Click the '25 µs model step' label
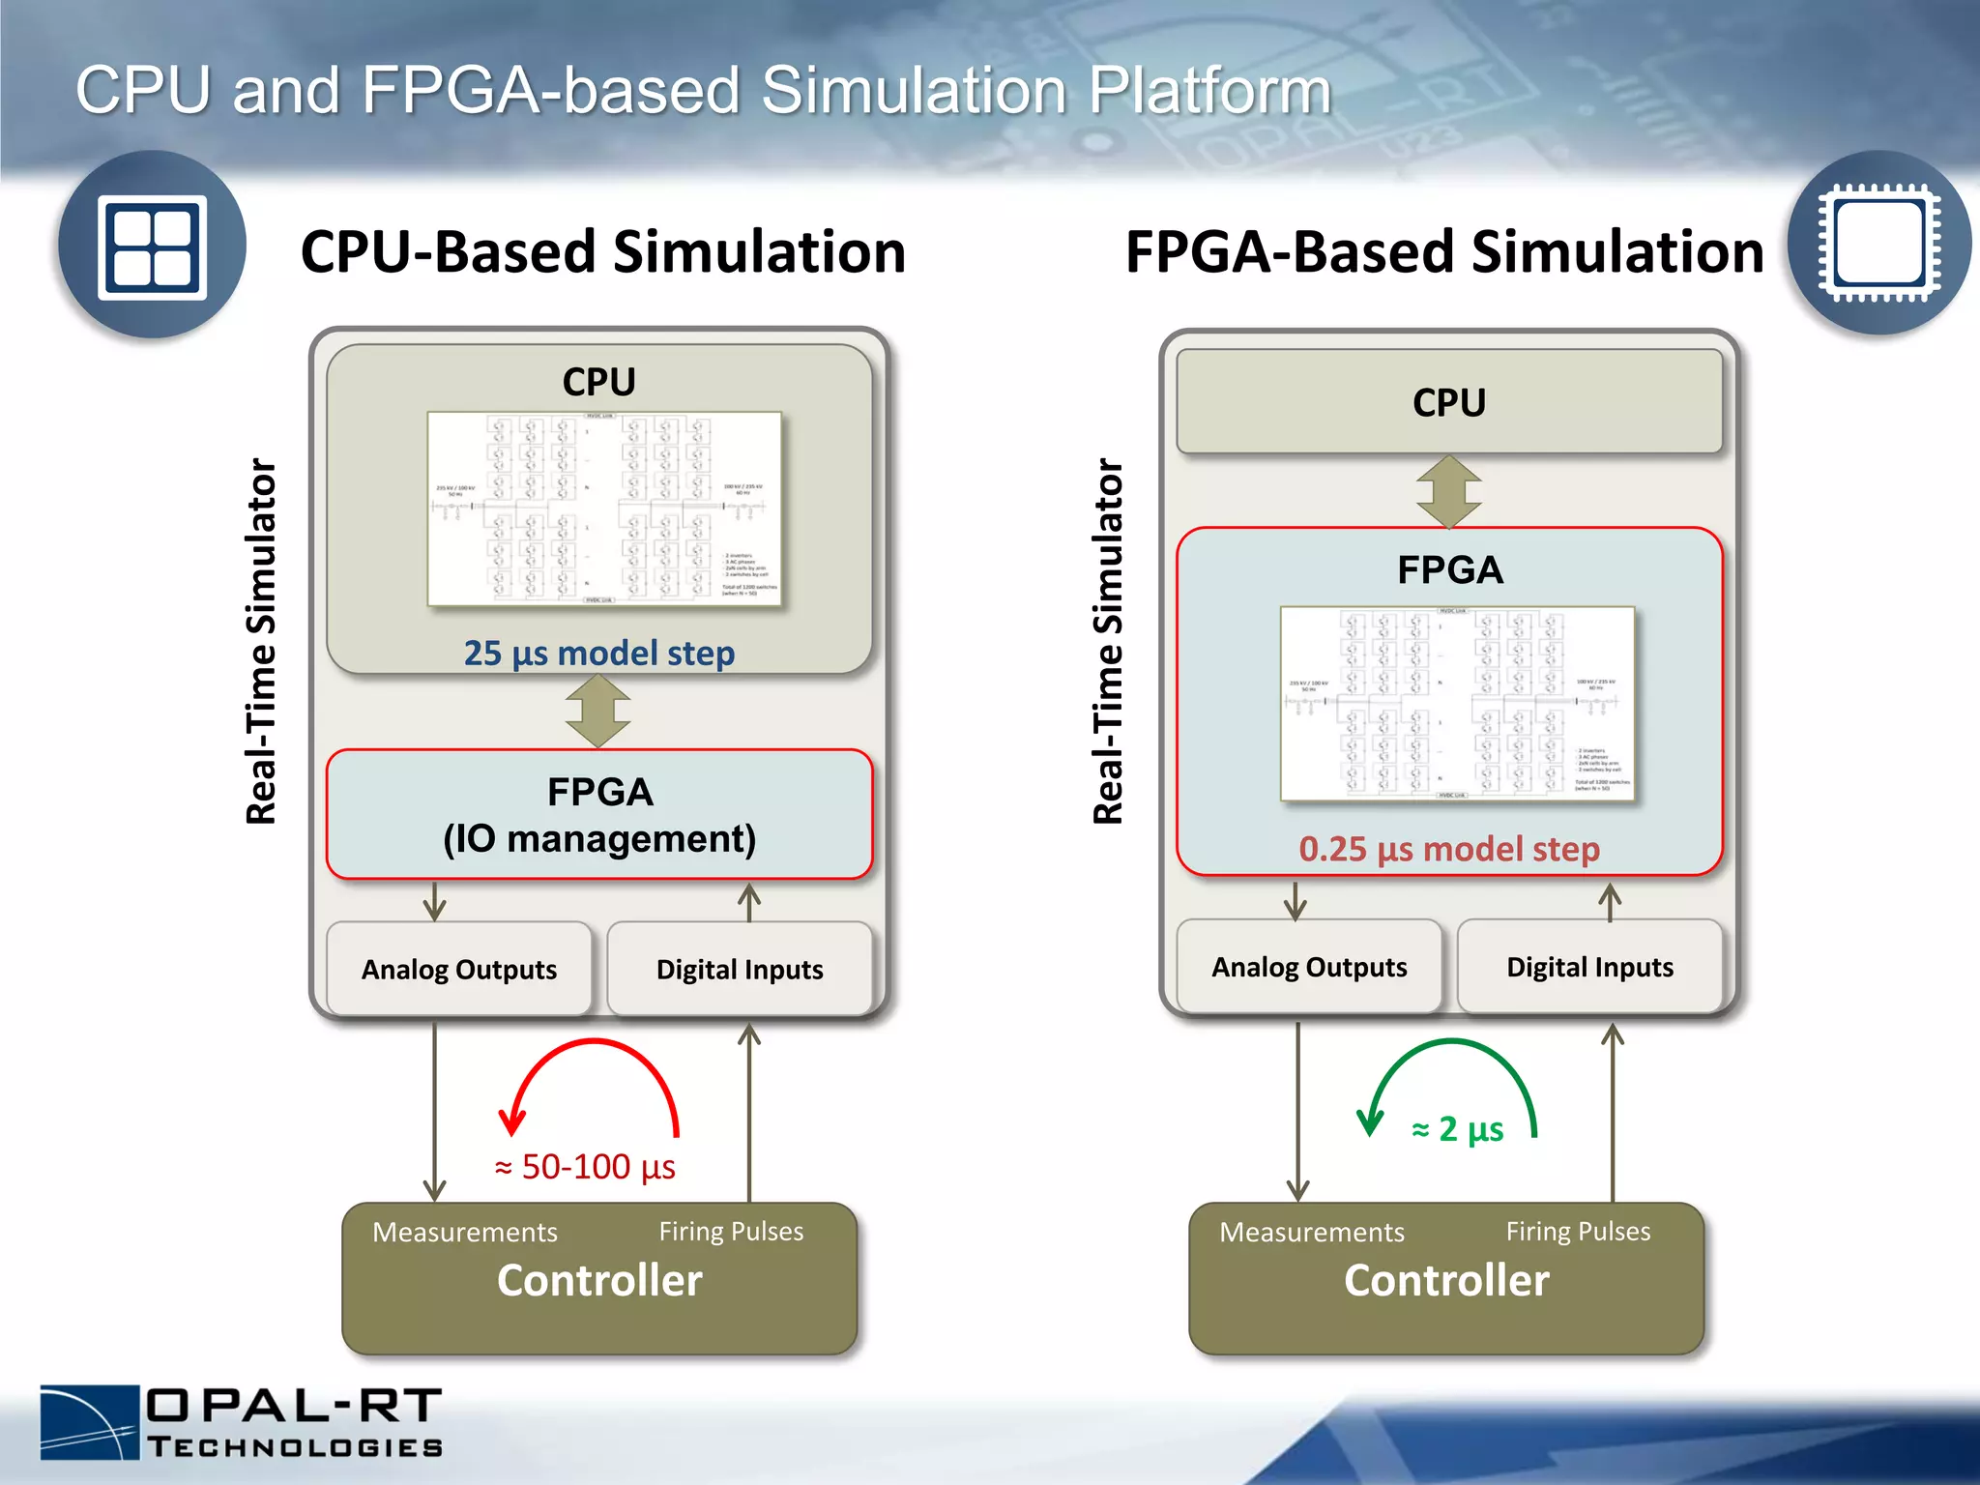pos(598,654)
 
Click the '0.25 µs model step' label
pos(1448,849)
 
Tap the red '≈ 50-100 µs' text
pos(585,1167)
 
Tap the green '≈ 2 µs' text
pos(1457,1129)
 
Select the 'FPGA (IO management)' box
pos(599,815)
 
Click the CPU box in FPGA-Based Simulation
pos(1448,402)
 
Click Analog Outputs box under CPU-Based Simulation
pos(459,969)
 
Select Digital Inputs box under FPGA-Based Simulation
pos(1589,967)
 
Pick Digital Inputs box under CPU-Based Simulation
pos(740,969)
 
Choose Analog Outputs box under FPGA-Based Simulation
pos(1309,967)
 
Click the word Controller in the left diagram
pos(599,1280)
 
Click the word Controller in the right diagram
pos(1446,1280)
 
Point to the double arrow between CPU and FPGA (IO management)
pos(598,712)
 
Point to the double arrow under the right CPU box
pos(1448,491)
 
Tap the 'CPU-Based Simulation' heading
pos(603,252)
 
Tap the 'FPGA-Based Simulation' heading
pos(1444,252)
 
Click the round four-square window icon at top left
pos(152,246)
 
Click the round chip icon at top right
pos(1878,243)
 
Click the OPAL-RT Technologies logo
pos(242,1422)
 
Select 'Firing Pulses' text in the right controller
pos(1578,1231)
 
